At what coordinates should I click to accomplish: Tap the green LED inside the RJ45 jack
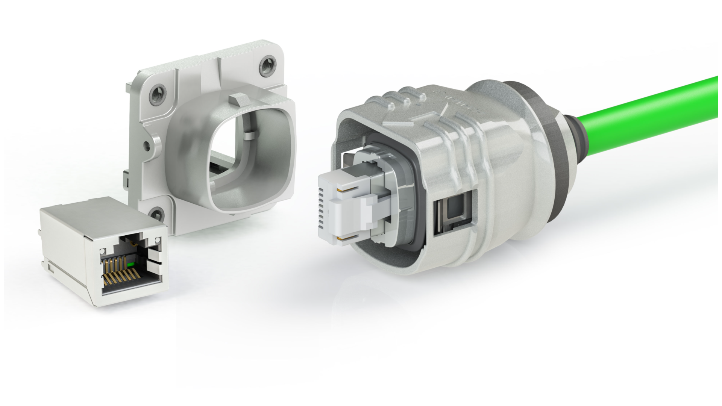click(x=130, y=265)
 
